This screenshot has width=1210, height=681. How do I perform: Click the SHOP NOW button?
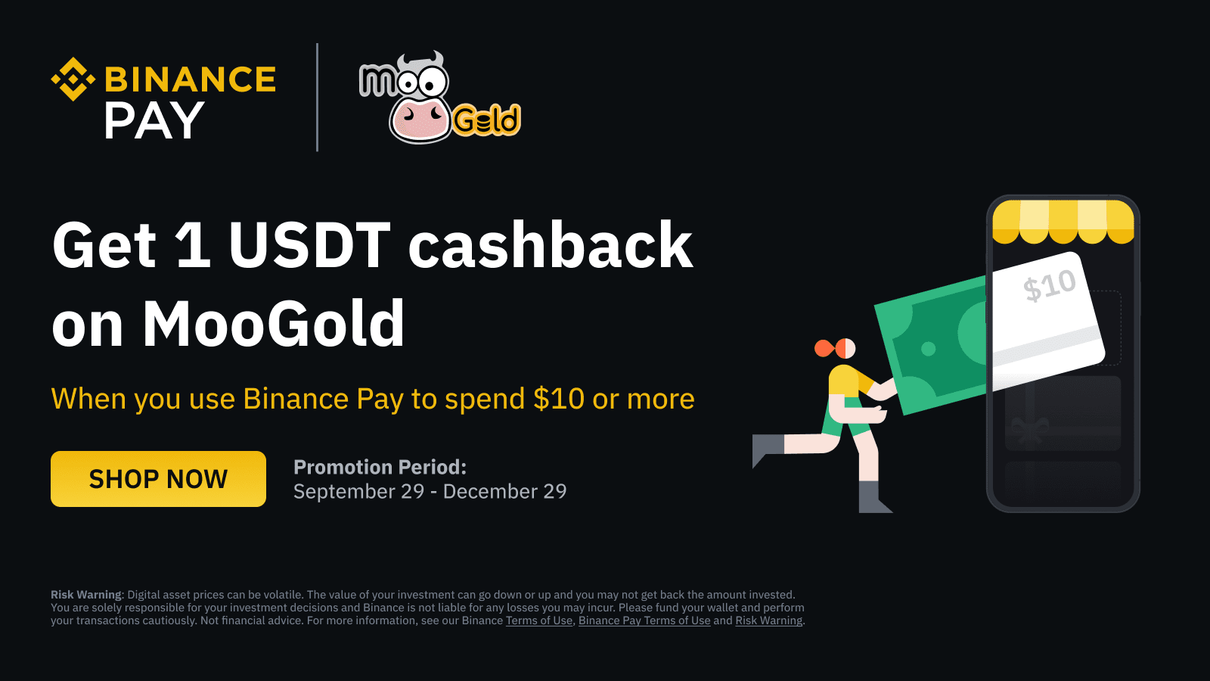coord(158,479)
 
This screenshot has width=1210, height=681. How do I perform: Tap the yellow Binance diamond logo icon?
coord(73,79)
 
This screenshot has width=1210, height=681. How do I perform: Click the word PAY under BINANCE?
coord(154,121)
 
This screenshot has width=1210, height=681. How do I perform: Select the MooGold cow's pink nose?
coord(420,120)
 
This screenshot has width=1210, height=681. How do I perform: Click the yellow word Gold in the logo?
coord(486,120)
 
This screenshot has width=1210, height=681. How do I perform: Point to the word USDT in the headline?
coord(309,245)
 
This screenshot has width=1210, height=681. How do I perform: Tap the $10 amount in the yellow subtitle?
coord(559,399)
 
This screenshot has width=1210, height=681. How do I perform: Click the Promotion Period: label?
coord(380,467)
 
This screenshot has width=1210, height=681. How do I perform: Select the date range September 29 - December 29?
coord(430,492)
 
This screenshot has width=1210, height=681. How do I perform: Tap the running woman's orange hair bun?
coord(824,349)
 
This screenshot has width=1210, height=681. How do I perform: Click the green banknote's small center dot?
coord(928,349)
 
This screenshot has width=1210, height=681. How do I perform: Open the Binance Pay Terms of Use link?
coord(644,620)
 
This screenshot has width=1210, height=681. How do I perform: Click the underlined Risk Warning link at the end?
coord(768,620)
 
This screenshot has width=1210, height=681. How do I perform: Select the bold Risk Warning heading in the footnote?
coord(87,595)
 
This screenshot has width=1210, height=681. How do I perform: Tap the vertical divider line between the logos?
coord(317,98)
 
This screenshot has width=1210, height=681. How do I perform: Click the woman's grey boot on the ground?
coord(873,497)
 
